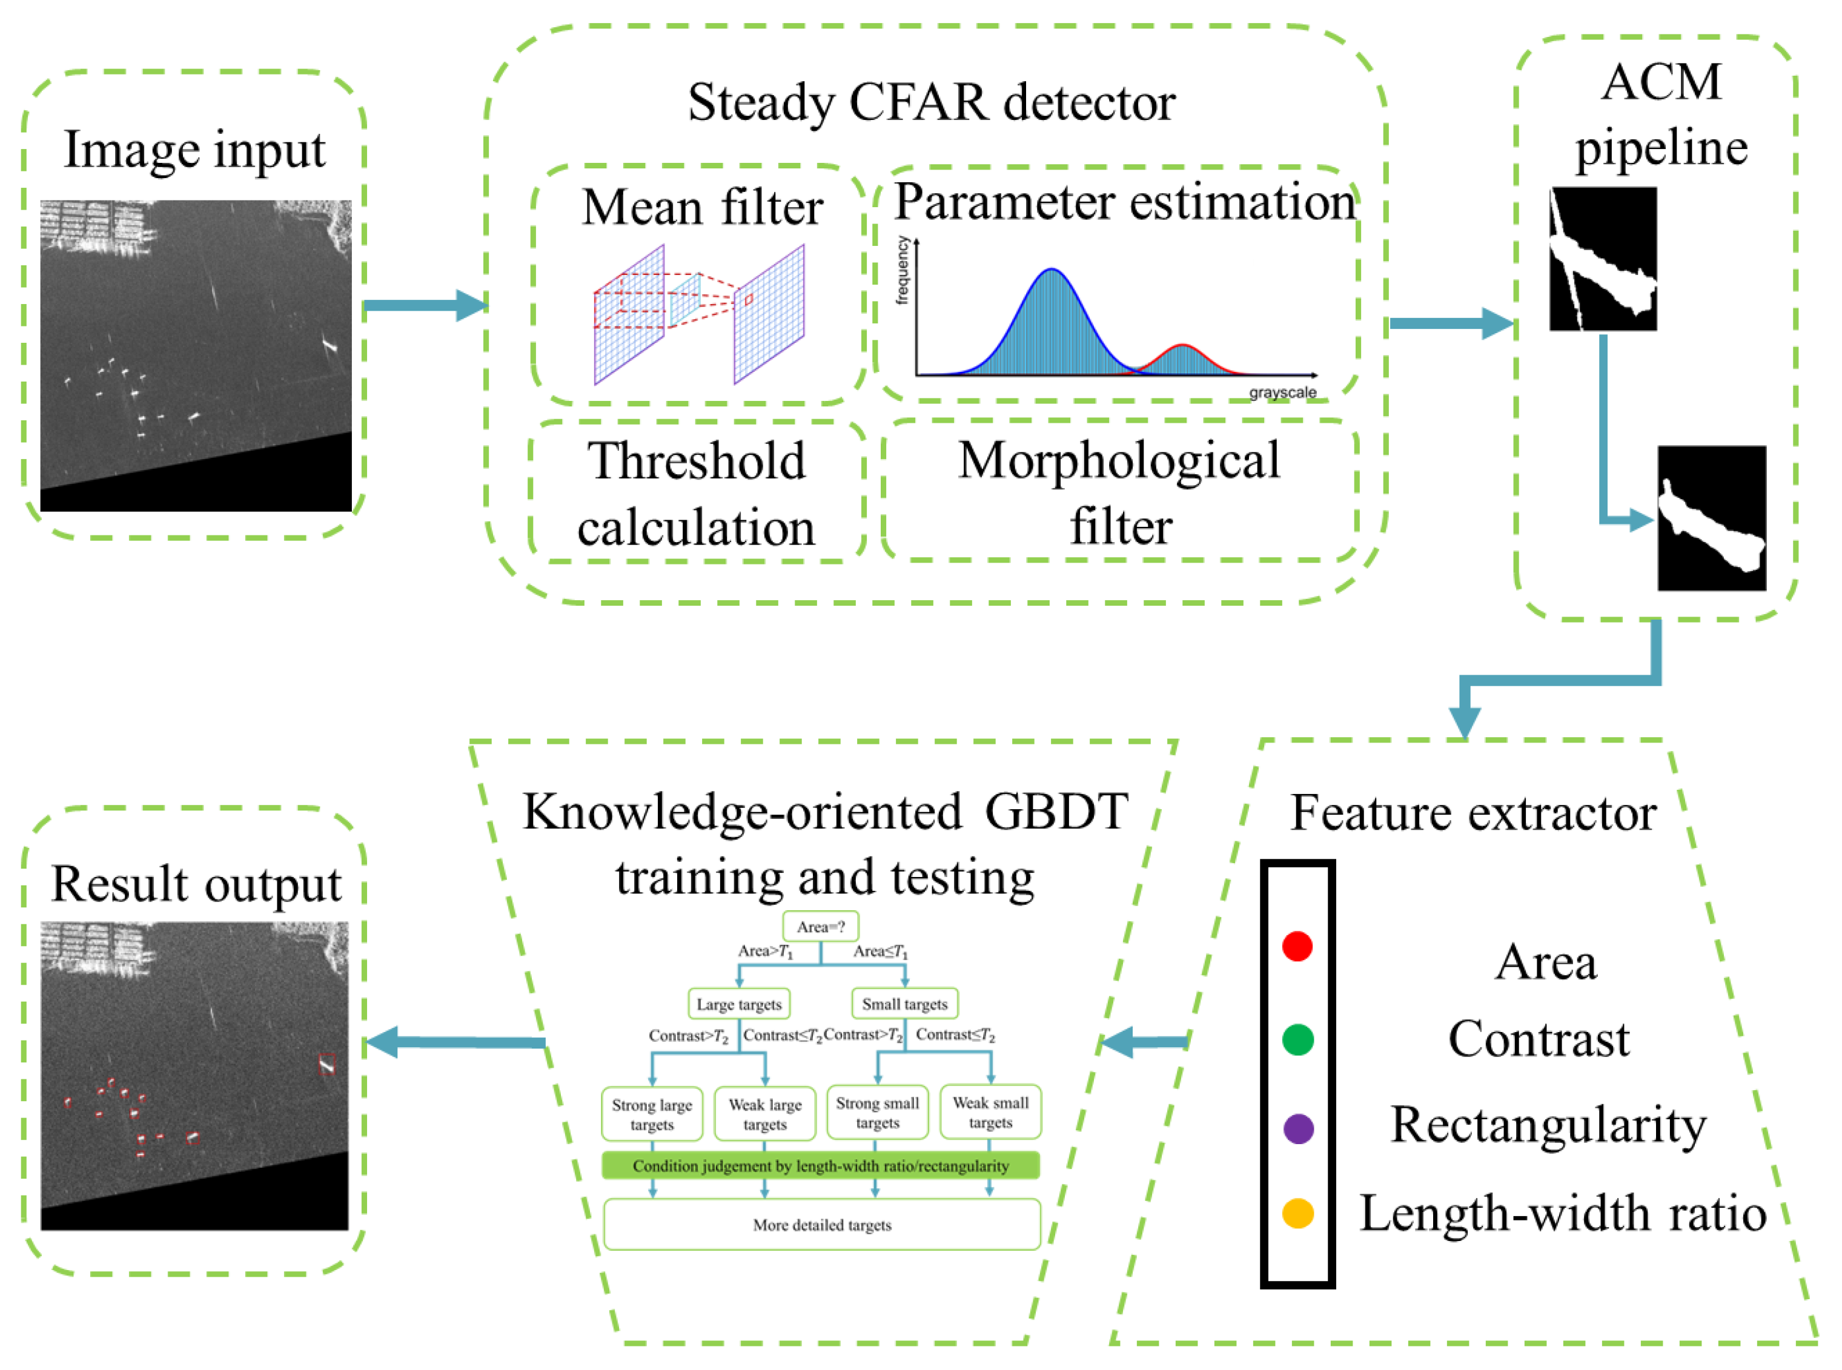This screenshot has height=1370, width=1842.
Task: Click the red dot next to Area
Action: pos(1296,945)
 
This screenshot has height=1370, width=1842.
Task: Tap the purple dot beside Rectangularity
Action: pos(1298,1129)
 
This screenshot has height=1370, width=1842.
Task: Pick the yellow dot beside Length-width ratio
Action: pos(1298,1213)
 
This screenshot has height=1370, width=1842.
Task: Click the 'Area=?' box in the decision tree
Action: pos(820,926)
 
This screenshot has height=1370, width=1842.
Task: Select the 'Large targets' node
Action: pos(738,1004)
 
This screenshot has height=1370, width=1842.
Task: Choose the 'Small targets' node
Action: pos(904,1004)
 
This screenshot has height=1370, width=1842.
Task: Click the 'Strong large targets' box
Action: pos(652,1114)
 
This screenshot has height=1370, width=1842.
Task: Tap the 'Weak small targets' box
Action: pos(990,1112)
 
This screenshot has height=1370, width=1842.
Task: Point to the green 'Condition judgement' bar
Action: pos(820,1165)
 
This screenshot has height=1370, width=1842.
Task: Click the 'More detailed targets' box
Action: pos(821,1224)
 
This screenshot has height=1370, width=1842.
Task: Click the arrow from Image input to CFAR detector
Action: pos(423,305)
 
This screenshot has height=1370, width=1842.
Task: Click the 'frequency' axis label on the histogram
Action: pos(903,270)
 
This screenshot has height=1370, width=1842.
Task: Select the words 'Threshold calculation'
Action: pos(697,494)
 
